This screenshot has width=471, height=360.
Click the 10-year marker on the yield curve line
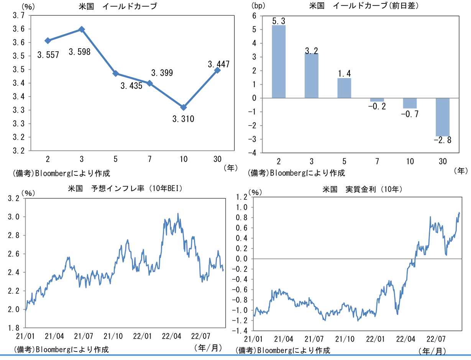184,107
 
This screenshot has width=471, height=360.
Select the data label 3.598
79,52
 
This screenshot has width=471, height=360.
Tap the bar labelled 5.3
279,61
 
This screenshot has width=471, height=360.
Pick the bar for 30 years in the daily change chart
442,117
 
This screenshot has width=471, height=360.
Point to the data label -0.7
410,114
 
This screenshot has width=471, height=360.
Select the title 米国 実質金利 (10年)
362,189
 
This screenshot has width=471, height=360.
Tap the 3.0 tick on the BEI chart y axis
14,217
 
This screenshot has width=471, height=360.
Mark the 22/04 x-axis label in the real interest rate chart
405,339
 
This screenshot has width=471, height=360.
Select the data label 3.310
183,119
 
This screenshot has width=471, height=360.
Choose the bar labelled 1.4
344,88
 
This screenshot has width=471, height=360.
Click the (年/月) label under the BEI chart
208,348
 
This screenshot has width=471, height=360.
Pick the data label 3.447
218,64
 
